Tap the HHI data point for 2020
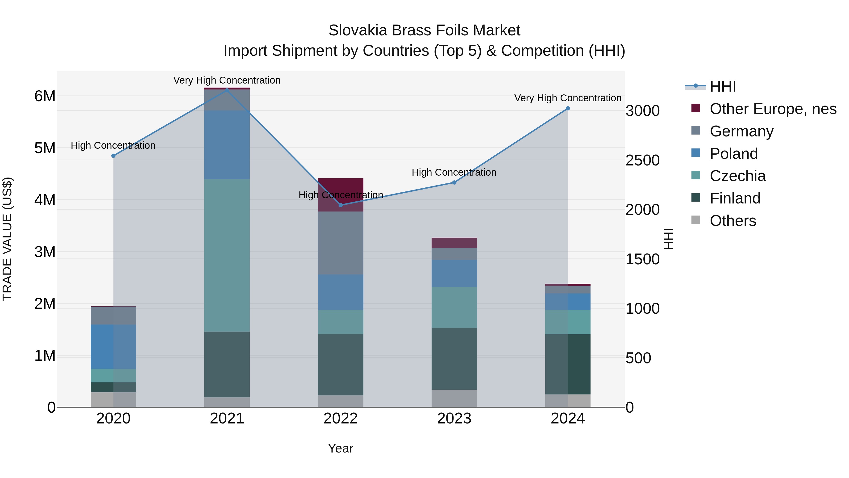(x=113, y=156)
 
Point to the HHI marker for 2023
(x=454, y=182)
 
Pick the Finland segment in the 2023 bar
(x=454, y=359)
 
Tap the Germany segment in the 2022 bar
(x=341, y=243)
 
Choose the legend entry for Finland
(x=735, y=198)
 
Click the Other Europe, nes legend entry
(x=773, y=109)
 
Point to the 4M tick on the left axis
(x=45, y=200)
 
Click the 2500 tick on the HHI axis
(x=642, y=161)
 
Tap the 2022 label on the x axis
(x=341, y=419)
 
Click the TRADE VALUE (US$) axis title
(x=7, y=239)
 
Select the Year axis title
(x=341, y=448)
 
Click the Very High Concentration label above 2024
(x=568, y=98)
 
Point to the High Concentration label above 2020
(x=113, y=145)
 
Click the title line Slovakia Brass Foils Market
(x=424, y=30)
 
